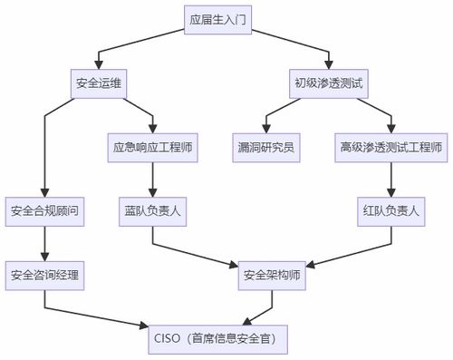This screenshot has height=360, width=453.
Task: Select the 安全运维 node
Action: pos(98,83)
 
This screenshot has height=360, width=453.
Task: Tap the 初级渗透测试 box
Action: pos(328,83)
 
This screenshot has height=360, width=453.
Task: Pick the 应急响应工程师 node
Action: pos(151,147)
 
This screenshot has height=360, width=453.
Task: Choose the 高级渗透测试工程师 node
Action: pos(390,147)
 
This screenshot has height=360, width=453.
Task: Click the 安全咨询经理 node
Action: pos(44,274)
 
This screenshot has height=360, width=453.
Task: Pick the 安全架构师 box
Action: pos(271,274)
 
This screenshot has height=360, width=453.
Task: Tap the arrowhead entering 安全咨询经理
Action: pos(44,256)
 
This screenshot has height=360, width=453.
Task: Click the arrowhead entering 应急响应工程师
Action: pos(152,129)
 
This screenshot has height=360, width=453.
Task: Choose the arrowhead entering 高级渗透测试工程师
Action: pos(390,129)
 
